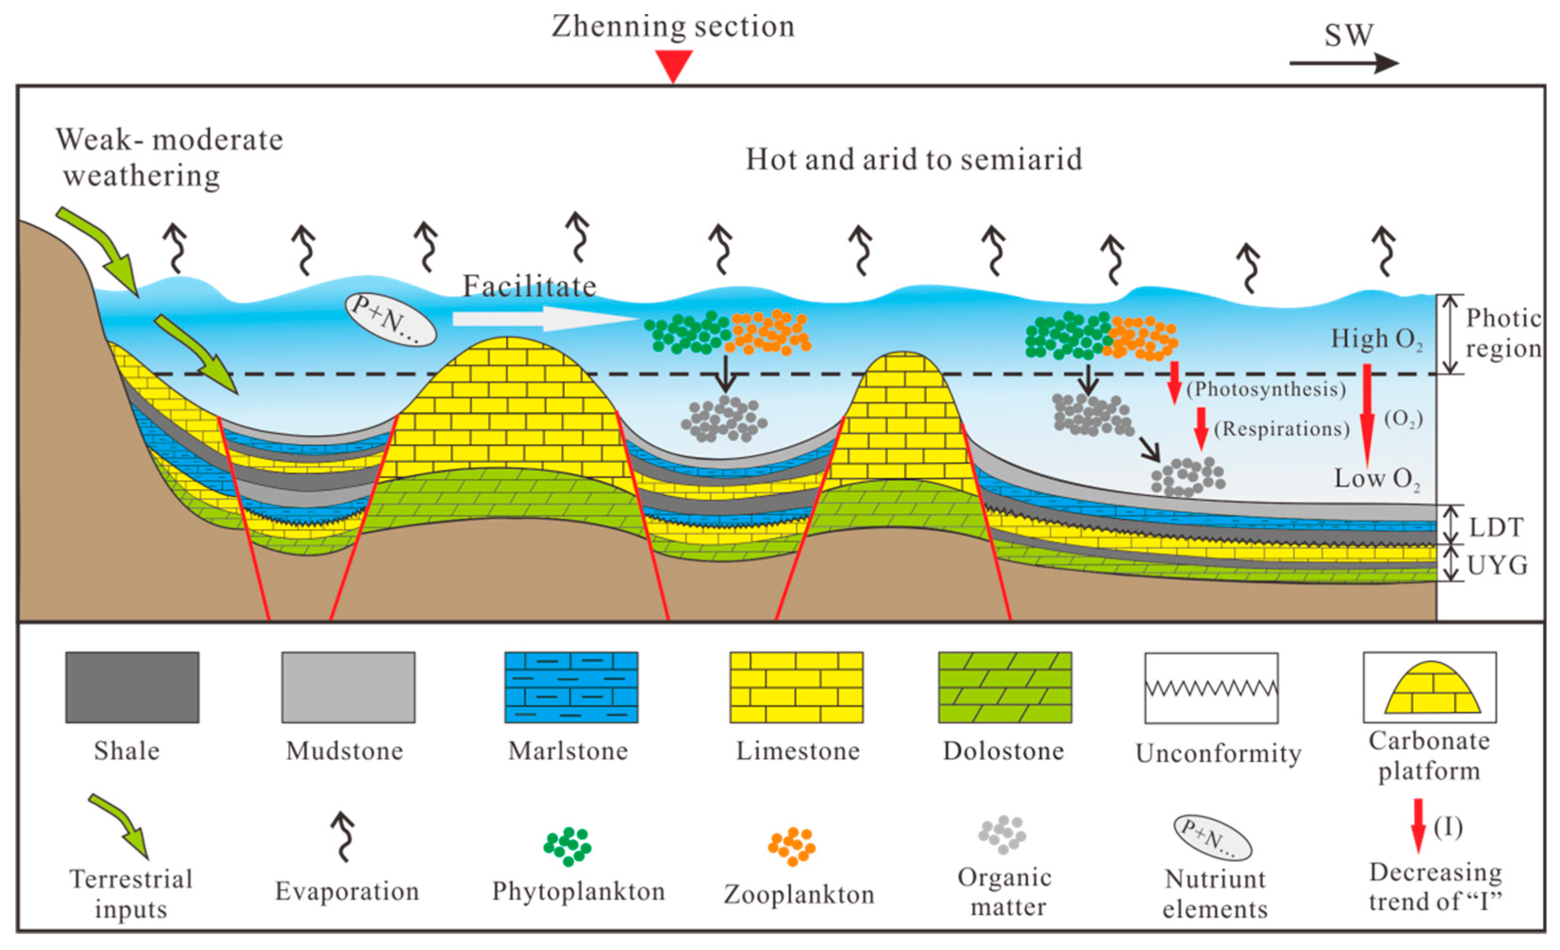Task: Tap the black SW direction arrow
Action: click(x=1343, y=63)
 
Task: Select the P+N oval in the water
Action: click(x=390, y=319)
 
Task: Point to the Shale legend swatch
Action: click(x=133, y=687)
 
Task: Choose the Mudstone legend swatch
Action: click(x=348, y=687)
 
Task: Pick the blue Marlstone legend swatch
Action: click(x=571, y=687)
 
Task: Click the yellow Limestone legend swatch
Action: click(x=796, y=687)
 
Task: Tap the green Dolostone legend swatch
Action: click(x=1005, y=687)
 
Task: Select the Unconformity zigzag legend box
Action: click(x=1211, y=688)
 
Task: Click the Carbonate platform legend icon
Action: click(x=1430, y=687)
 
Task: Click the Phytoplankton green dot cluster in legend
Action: click(x=567, y=845)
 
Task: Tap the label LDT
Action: click(x=1495, y=527)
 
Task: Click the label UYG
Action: click(x=1497, y=564)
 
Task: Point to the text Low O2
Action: click(x=1376, y=479)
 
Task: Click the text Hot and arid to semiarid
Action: click(x=914, y=159)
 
